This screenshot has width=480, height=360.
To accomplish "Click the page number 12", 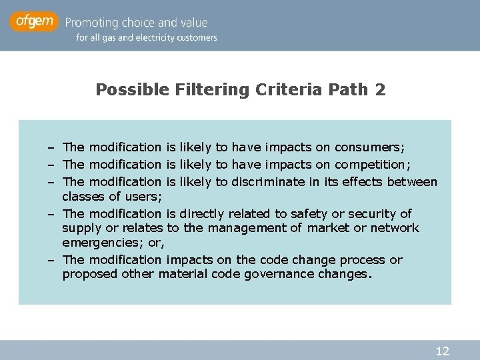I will (442, 351).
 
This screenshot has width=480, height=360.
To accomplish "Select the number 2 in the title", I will (380, 89).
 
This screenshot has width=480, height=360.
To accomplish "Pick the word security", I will (371, 213).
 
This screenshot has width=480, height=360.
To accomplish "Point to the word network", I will (397, 228).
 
